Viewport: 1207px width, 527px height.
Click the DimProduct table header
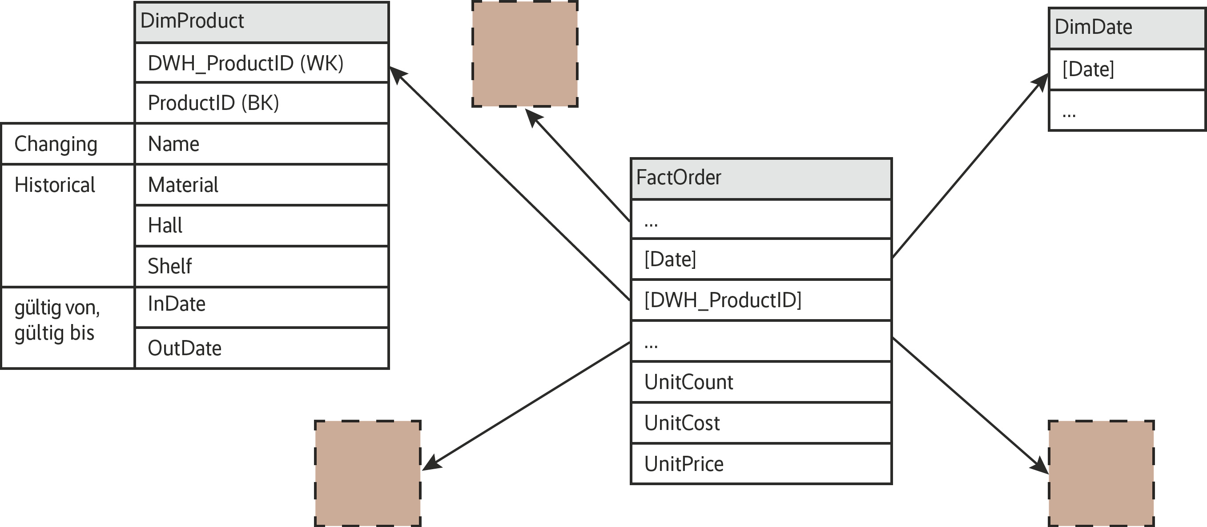[x=262, y=21]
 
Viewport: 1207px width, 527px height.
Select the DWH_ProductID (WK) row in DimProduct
[x=262, y=63]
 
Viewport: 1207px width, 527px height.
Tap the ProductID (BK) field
[x=262, y=103]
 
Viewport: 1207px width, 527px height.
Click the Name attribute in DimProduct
[x=262, y=144]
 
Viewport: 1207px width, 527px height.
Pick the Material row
[x=262, y=185]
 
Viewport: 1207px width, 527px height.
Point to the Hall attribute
[x=262, y=226]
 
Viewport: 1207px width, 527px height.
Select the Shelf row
[x=262, y=266]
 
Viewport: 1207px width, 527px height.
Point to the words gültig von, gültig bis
[x=57, y=320]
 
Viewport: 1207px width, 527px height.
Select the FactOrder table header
[x=761, y=178]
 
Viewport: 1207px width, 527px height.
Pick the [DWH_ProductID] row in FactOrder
[x=761, y=300]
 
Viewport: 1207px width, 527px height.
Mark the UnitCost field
[x=761, y=423]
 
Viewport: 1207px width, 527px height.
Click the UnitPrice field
[x=761, y=464]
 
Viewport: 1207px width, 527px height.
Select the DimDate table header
[x=1127, y=27]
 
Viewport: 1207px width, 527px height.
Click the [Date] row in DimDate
[x=1127, y=69]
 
